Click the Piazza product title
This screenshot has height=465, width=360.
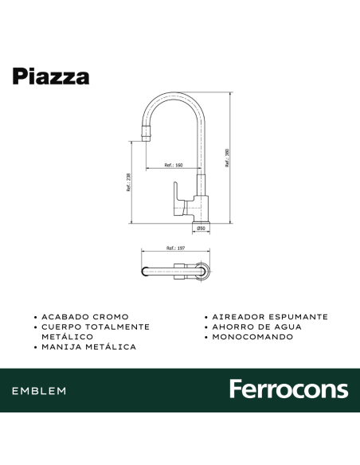[50, 76]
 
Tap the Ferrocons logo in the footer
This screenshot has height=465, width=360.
[288, 389]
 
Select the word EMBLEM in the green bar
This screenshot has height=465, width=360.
[39, 391]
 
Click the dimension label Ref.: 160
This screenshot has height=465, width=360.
[174, 165]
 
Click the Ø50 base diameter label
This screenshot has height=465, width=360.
[202, 229]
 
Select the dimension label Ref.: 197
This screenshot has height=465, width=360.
[175, 248]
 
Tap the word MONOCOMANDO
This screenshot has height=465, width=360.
[252, 337]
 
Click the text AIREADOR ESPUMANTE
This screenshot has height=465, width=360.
[270, 317]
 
